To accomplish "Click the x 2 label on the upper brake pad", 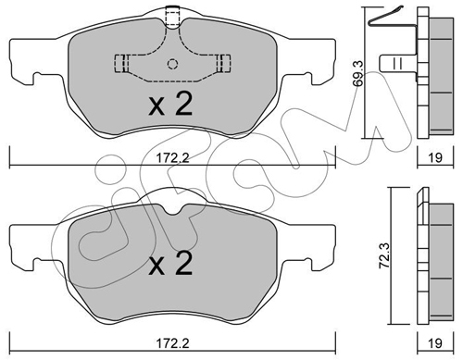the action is click(x=170, y=104).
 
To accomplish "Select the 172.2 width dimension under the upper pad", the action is click(x=172, y=158).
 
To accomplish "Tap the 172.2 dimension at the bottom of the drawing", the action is click(x=172, y=343).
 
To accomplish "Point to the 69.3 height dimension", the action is click(x=358, y=74).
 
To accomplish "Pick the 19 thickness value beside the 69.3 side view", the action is click(x=435, y=157).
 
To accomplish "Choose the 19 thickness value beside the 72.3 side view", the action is click(x=435, y=343).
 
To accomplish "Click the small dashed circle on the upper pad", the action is click(x=172, y=64).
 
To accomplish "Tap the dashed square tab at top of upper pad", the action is click(x=172, y=17).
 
